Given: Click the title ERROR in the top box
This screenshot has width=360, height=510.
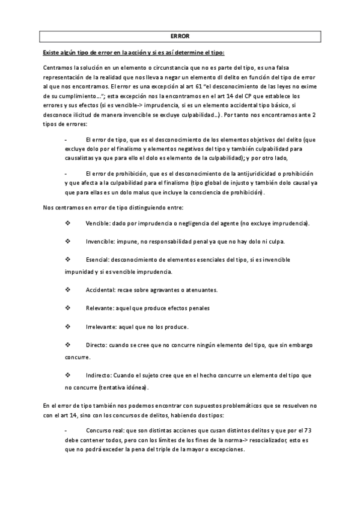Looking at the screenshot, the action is point(180,36).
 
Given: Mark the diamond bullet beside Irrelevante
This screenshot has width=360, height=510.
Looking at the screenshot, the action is point(67,327).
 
